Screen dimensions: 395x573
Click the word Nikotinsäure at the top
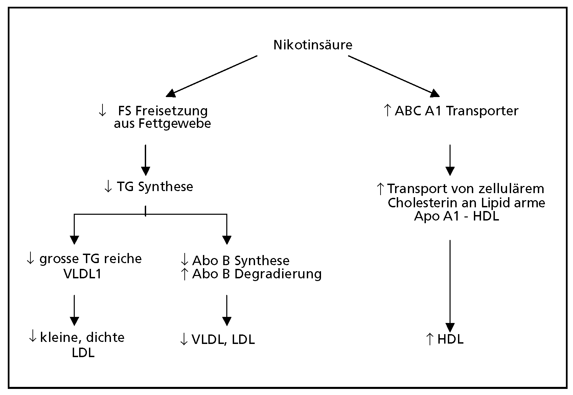[x=313, y=45]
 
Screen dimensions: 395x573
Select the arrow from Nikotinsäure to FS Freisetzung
[x=213, y=75]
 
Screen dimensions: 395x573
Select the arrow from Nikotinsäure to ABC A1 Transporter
[x=392, y=75]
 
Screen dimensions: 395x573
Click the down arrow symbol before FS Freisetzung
[x=102, y=111]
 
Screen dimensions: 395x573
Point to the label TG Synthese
[x=155, y=187]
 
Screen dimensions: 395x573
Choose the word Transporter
[x=482, y=111]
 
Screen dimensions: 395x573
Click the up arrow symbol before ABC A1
[x=388, y=111]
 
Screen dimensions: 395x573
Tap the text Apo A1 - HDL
[x=456, y=216]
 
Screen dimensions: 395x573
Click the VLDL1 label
[x=83, y=274]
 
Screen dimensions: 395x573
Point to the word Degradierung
[x=278, y=274]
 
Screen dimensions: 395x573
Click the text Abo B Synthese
[x=240, y=261]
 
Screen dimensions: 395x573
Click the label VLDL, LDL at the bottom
[x=223, y=340]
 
